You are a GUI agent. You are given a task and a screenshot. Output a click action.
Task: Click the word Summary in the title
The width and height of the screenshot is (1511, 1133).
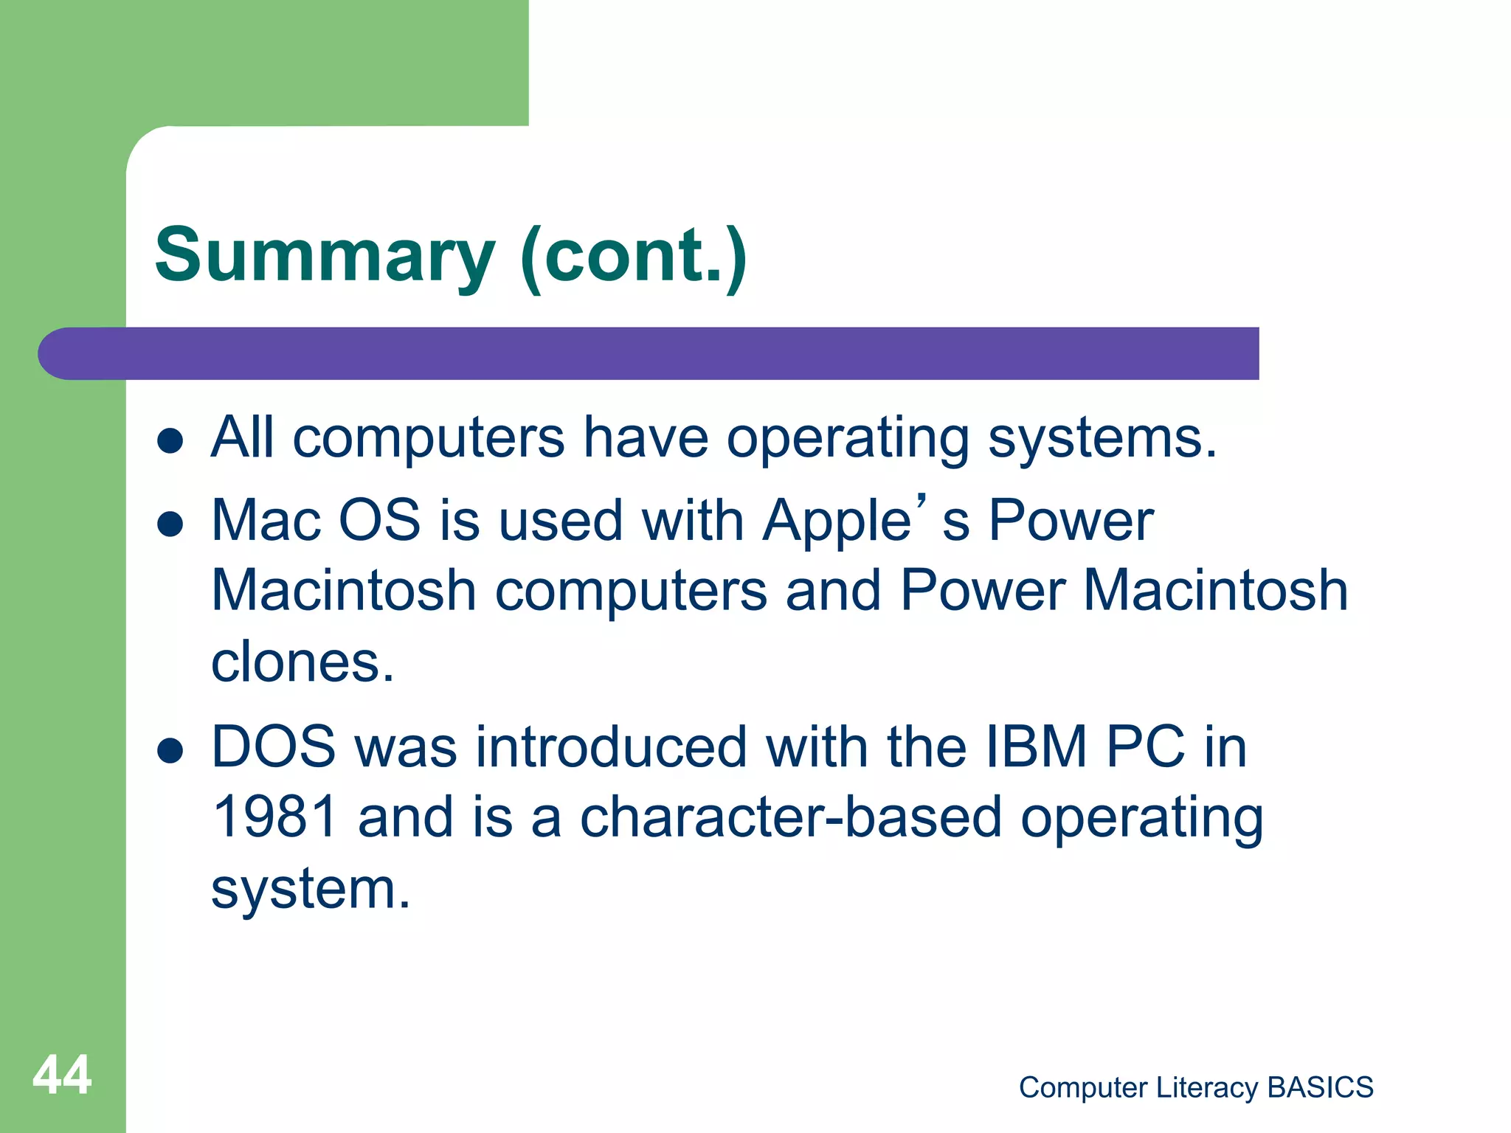pos(325,256)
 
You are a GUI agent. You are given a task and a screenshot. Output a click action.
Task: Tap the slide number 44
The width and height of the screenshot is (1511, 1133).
pos(62,1075)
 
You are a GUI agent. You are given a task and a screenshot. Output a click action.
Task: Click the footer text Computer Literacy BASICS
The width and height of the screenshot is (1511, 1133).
pos(1195,1087)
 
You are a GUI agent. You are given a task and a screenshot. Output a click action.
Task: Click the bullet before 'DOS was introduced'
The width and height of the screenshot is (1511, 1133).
pos(170,750)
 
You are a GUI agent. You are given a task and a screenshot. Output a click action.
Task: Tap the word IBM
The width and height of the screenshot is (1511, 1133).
pos(1036,746)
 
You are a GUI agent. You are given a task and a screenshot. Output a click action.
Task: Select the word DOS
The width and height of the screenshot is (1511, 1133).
pos(273,746)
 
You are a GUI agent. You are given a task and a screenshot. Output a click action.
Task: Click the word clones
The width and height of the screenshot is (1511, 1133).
pos(302,662)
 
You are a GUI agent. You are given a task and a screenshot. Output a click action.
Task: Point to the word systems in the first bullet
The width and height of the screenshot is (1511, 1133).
pos(1101,439)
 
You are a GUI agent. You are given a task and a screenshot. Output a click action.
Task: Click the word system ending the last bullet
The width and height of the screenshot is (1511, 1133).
pos(309,890)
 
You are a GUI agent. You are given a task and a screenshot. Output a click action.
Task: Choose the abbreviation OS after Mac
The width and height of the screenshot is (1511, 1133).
pos(379,521)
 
